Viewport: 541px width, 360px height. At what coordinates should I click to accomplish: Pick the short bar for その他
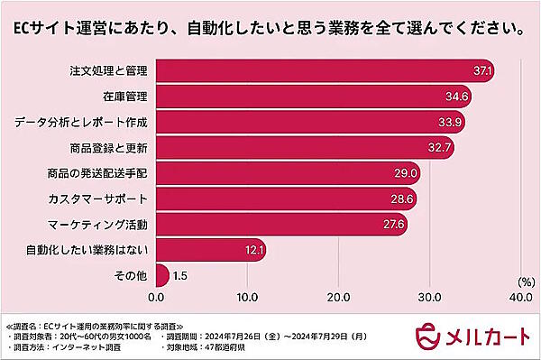pos(162,274)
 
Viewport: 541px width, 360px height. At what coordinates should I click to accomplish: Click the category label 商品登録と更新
pos(108,146)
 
